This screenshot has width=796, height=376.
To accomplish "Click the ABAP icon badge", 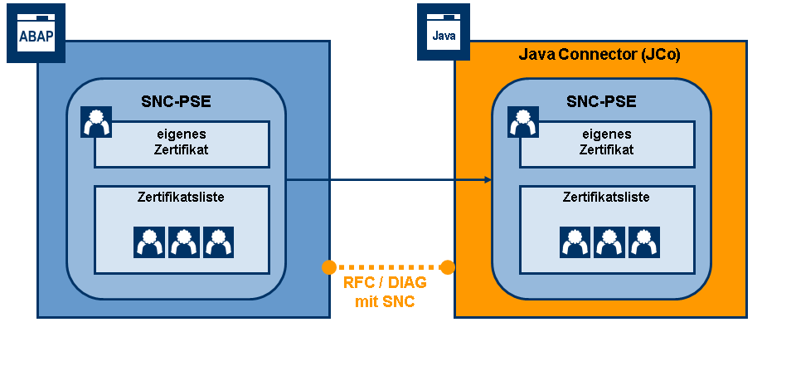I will point(36,33).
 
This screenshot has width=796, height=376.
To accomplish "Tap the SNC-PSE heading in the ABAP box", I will point(176,102).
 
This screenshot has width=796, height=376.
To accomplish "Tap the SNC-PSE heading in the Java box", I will point(601,102).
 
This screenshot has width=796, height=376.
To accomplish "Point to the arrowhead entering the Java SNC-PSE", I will point(486,179).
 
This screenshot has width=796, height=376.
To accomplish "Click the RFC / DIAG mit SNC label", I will point(385,292).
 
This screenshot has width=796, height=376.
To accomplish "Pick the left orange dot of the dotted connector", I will point(328,267).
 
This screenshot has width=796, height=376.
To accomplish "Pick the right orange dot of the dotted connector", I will point(448,267).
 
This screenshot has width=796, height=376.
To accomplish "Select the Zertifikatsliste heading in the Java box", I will point(605,198).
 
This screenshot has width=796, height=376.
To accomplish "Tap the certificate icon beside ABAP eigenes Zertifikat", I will point(96,122).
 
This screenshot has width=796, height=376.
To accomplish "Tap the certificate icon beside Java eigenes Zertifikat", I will point(522,122).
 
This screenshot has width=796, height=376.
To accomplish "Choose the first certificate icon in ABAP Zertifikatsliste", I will point(149,242).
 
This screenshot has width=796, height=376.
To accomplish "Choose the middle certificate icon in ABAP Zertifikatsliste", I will point(184,242).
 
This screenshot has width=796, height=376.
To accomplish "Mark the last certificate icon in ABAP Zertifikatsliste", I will point(218,242).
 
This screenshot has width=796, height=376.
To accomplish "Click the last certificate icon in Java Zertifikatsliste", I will point(643,242).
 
